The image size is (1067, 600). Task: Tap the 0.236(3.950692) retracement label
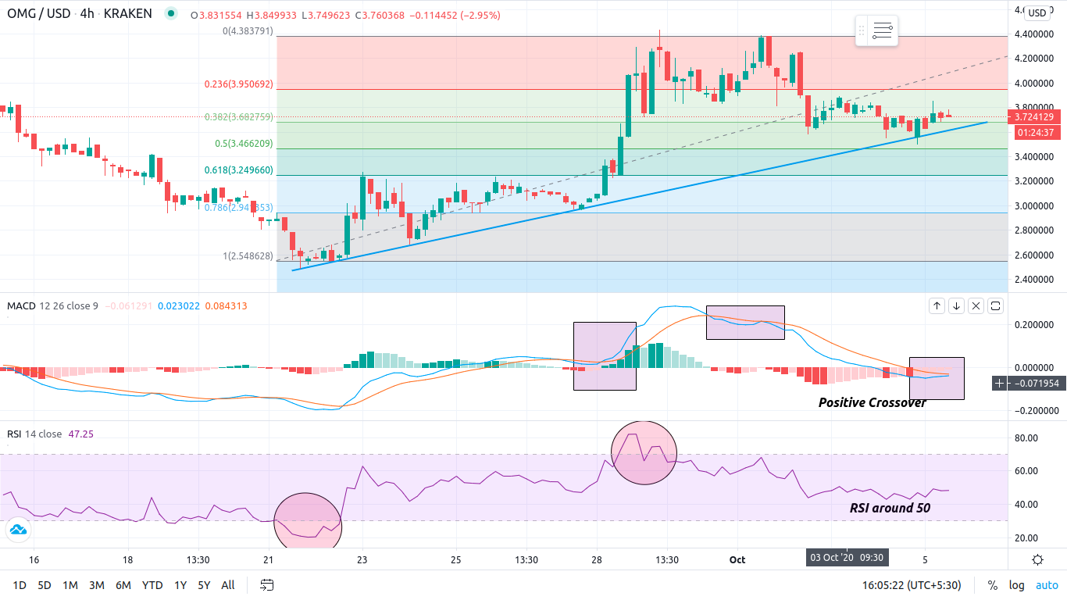[x=238, y=84]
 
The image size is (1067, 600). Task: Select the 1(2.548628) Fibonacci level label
[x=248, y=255]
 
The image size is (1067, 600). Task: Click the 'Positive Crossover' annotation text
[x=872, y=402]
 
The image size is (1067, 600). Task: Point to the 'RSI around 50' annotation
[x=890, y=508]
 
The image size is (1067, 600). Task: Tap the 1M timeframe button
[x=70, y=585]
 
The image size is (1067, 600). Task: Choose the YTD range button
[x=152, y=585]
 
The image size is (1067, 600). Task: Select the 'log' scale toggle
[x=1016, y=585]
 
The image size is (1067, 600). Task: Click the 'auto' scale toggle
[x=1047, y=585]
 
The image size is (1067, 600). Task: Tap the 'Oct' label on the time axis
[x=737, y=559]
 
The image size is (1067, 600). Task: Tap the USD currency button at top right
[x=1037, y=12]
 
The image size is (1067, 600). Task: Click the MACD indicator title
[x=20, y=305]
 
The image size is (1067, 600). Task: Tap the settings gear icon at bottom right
[x=1037, y=559]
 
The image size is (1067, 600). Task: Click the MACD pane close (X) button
[x=976, y=306]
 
